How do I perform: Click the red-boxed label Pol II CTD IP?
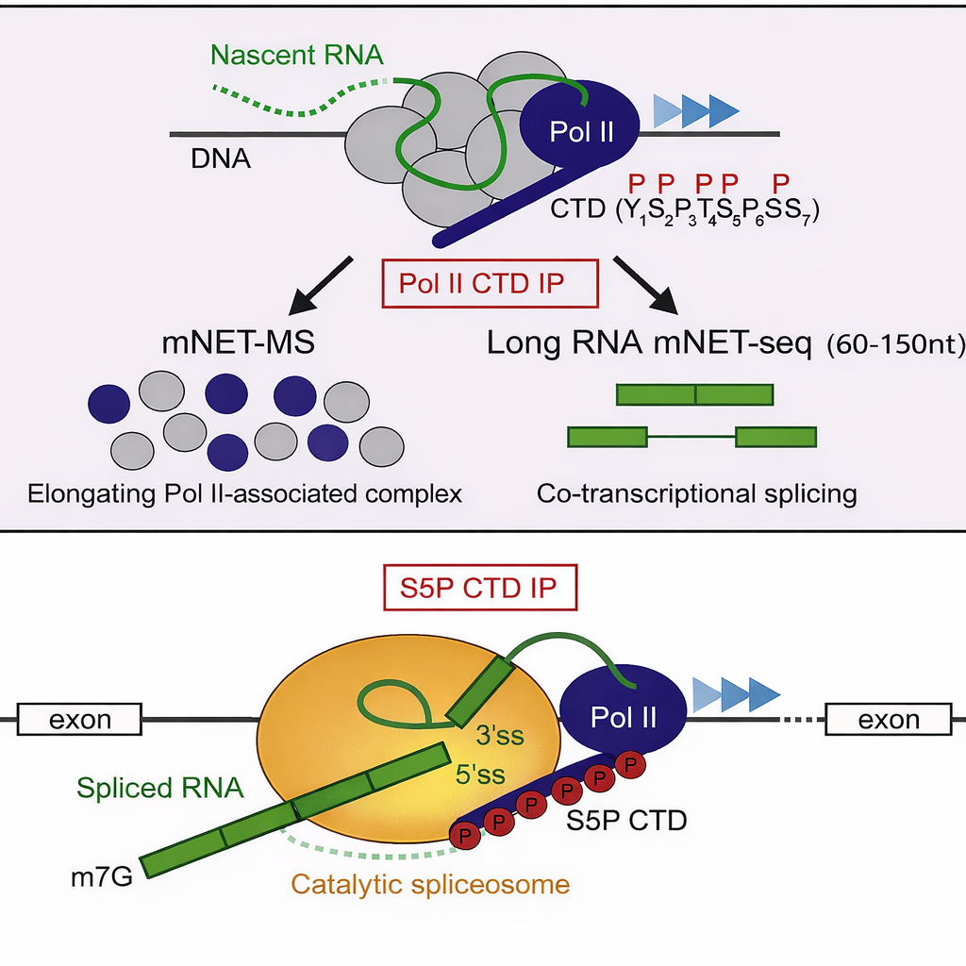pyautogui.click(x=489, y=284)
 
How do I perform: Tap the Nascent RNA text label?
pyautogui.click(x=298, y=56)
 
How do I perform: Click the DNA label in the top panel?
pyautogui.click(x=221, y=158)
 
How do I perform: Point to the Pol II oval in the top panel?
pyautogui.click(x=582, y=132)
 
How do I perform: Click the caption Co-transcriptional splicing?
pyautogui.click(x=696, y=493)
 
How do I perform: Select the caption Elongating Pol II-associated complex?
pyautogui.click(x=244, y=493)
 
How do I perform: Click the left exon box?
pyautogui.click(x=80, y=721)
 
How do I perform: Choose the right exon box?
pyautogui.click(x=889, y=721)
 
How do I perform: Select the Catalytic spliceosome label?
pyautogui.click(x=430, y=885)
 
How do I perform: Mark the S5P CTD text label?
pyautogui.click(x=626, y=821)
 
